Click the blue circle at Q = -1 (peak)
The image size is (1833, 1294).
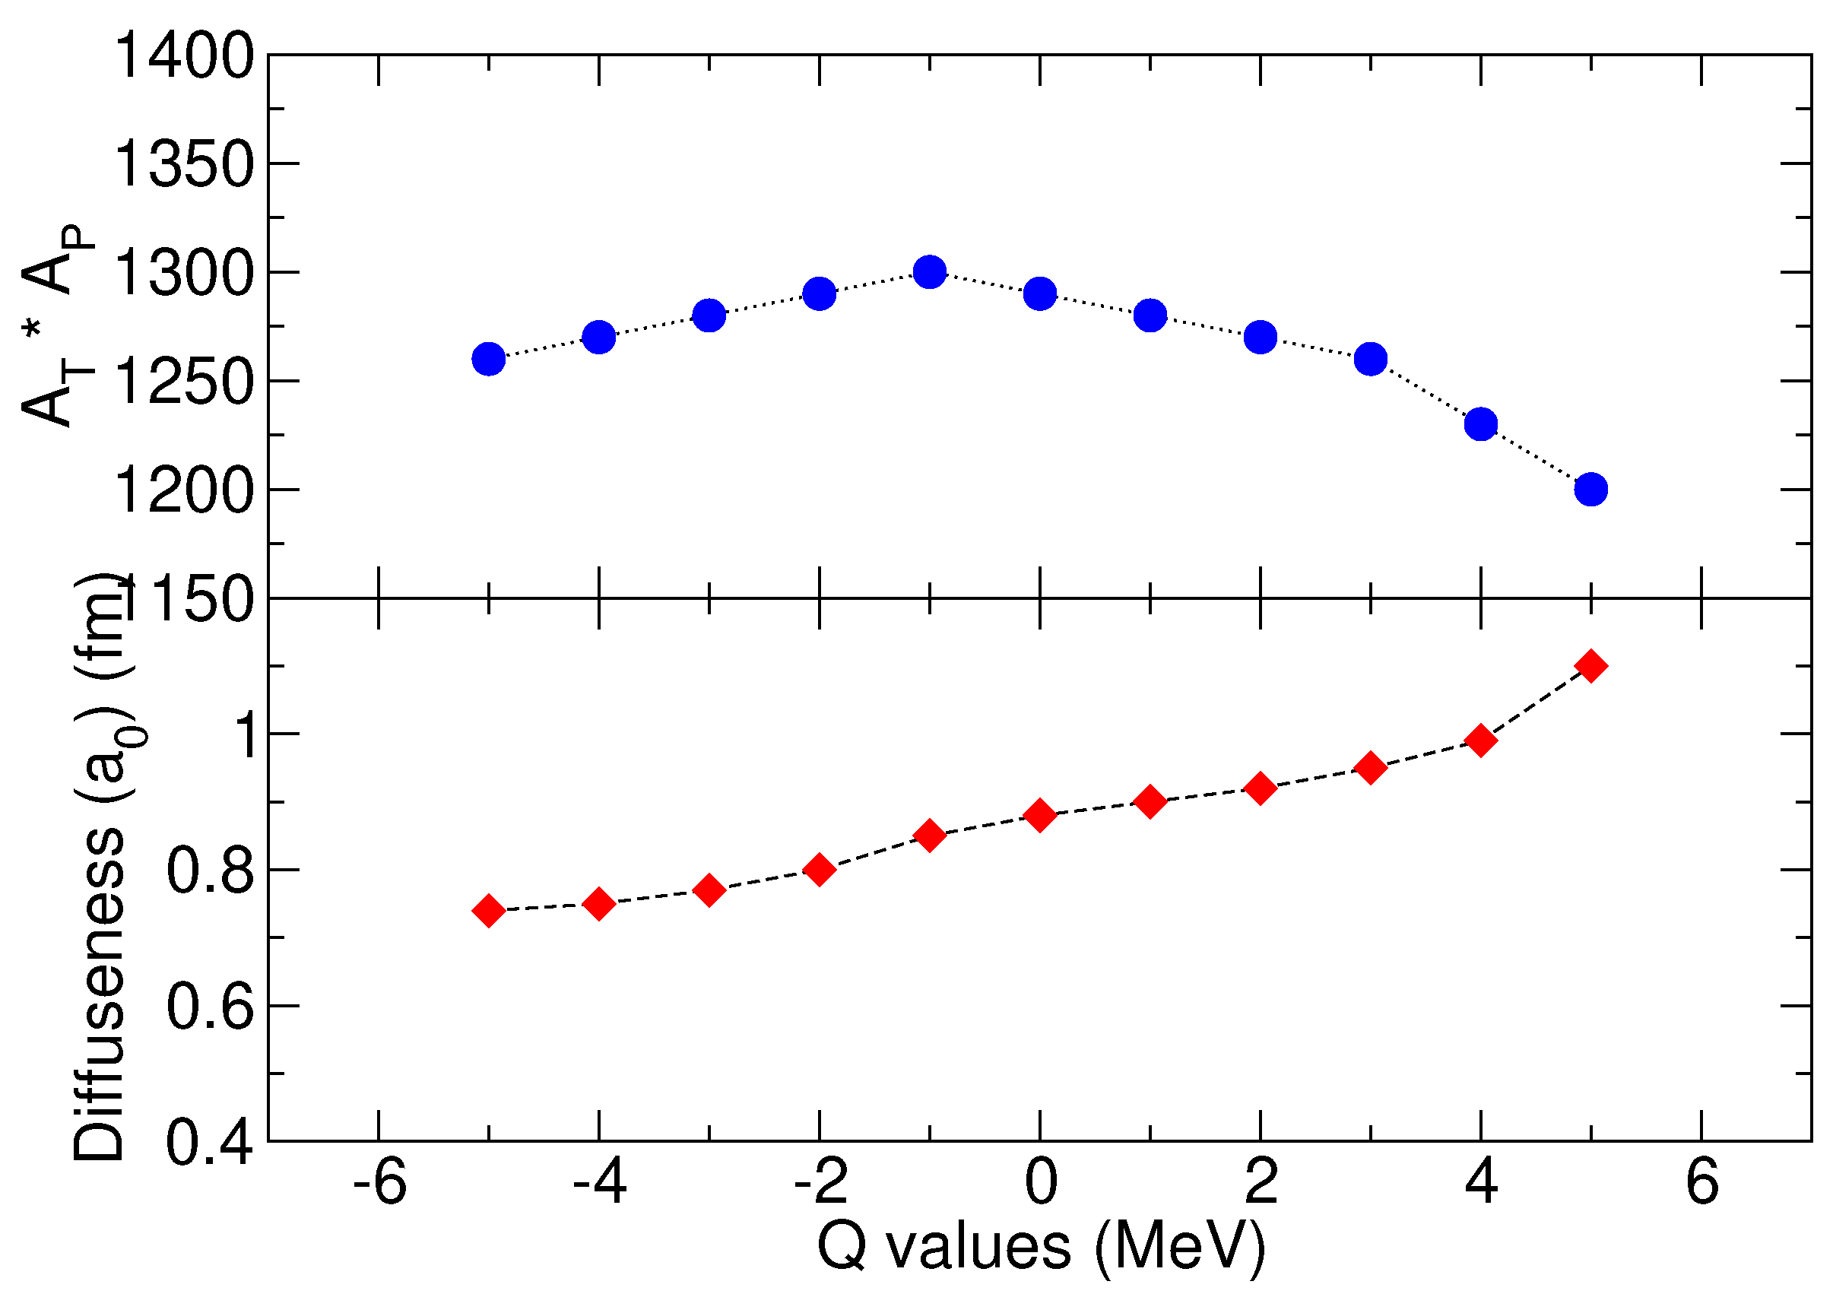(x=929, y=272)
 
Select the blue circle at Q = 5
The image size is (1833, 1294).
(x=1591, y=490)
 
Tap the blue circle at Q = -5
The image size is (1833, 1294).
(x=489, y=359)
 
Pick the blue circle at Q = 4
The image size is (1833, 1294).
(x=1481, y=424)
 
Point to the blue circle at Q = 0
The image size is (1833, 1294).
(x=1039, y=293)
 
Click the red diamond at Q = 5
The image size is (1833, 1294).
(x=1591, y=666)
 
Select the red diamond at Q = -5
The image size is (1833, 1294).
(x=489, y=910)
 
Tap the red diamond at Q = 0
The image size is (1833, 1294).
(x=1039, y=815)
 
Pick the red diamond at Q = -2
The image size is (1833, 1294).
(x=819, y=869)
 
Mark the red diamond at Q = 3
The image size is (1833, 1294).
(x=1371, y=768)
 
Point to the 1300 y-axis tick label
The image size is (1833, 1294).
(x=184, y=273)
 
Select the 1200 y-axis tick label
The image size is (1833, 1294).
(x=184, y=490)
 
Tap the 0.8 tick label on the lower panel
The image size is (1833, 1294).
(x=209, y=871)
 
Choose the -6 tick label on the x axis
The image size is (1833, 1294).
(x=379, y=1182)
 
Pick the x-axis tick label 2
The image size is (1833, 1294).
(x=1261, y=1182)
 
